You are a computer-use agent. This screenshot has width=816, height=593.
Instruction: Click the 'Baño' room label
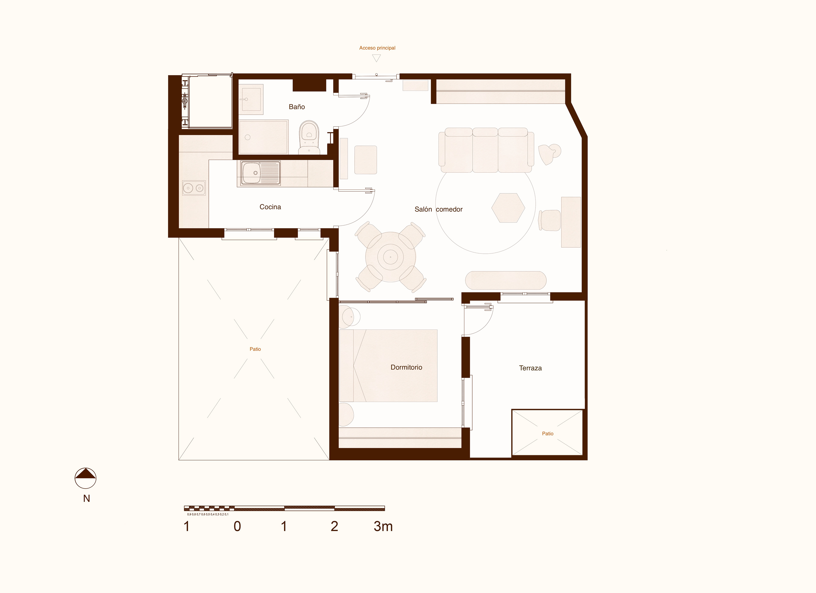(x=297, y=107)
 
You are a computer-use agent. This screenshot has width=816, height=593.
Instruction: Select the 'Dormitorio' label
(x=406, y=367)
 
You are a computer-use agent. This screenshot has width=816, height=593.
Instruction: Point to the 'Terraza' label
(x=530, y=368)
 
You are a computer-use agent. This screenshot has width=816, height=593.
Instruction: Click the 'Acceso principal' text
(x=377, y=48)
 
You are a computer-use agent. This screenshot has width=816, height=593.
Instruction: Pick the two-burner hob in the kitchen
(x=194, y=188)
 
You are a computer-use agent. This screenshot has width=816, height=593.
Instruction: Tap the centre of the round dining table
(x=390, y=257)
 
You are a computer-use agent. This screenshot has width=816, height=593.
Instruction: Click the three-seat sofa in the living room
(x=486, y=150)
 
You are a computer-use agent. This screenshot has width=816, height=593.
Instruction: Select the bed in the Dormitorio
(x=388, y=366)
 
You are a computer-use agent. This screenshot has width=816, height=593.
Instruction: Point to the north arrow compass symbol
(x=85, y=478)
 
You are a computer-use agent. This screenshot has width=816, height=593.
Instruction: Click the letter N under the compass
(x=86, y=499)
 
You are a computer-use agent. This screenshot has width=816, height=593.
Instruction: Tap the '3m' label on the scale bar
(x=383, y=526)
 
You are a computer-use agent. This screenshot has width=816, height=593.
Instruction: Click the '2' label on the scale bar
(x=334, y=526)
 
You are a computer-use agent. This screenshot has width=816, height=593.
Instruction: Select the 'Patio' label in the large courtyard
(x=255, y=349)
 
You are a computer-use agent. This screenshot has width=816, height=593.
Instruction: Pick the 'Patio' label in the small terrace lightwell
(x=548, y=433)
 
